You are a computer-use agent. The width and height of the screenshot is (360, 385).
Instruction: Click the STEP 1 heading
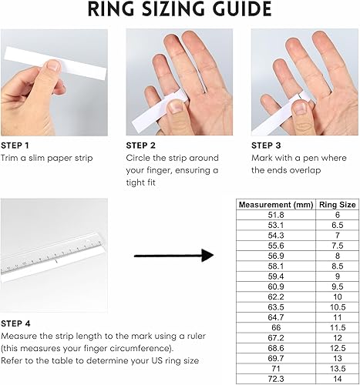point(15,146)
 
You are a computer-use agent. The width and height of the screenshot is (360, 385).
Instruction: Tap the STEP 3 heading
point(266,146)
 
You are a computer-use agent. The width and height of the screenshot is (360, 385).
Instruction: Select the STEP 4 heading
point(15,323)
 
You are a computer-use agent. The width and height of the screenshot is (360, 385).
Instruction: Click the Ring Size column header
point(338,205)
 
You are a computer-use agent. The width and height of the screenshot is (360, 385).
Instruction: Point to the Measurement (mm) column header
point(276,205)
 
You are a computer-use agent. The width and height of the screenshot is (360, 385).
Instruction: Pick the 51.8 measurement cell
point(276,215)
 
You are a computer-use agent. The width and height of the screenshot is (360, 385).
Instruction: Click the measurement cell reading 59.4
point(276,276)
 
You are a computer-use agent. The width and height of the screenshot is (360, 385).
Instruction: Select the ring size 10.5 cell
point(338,307)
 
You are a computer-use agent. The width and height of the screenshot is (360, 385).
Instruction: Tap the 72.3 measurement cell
point(276,379)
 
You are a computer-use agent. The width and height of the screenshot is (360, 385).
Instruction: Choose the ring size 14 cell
point(338,379)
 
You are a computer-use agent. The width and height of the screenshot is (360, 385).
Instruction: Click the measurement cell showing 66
point(276,328)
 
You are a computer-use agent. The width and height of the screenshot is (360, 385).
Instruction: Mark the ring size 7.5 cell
point(338,246)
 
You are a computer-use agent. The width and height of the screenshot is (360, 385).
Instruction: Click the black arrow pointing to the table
point(174,256)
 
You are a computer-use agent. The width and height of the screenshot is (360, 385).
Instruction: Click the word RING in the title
point(111,9)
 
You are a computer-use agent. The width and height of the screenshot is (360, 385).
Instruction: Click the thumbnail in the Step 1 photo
point(54,65)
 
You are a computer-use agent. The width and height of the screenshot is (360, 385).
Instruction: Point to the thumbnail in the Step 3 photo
point(300,109)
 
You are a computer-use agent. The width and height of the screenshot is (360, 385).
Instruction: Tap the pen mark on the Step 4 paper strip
point(56,262)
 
